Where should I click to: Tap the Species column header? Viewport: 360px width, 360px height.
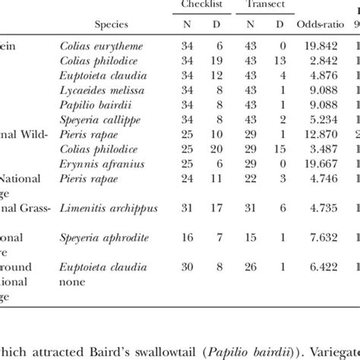tap(99, 25)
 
